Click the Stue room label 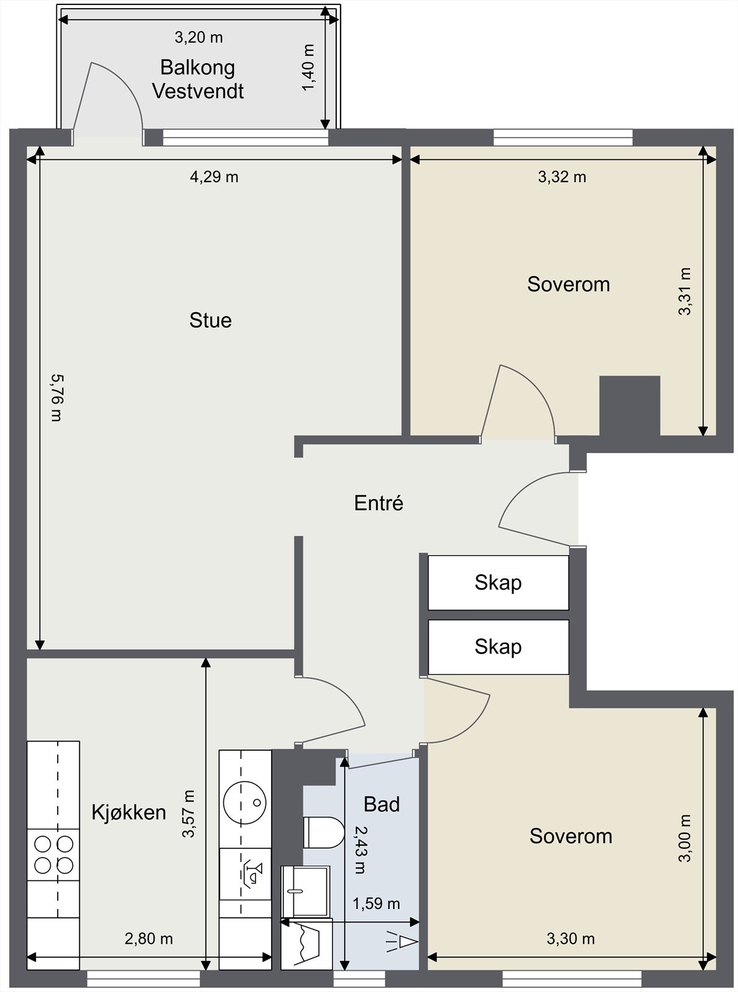tap(210, 321)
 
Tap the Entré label tap(379, 503)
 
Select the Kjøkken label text tap(129, 812)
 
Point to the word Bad tap(381, 804)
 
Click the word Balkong tap(197, 68)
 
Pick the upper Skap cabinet tap(498, 583)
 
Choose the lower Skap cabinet tap(498, 647)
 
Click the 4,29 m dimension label tap(214, 177)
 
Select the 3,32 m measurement tap(562, 177)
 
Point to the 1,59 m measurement tap(376, 904)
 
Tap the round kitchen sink tap(245, 803)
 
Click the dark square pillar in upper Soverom tap(629, 405)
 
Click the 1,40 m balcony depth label tap(308, 67)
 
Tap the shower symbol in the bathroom tap(401, 942)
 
